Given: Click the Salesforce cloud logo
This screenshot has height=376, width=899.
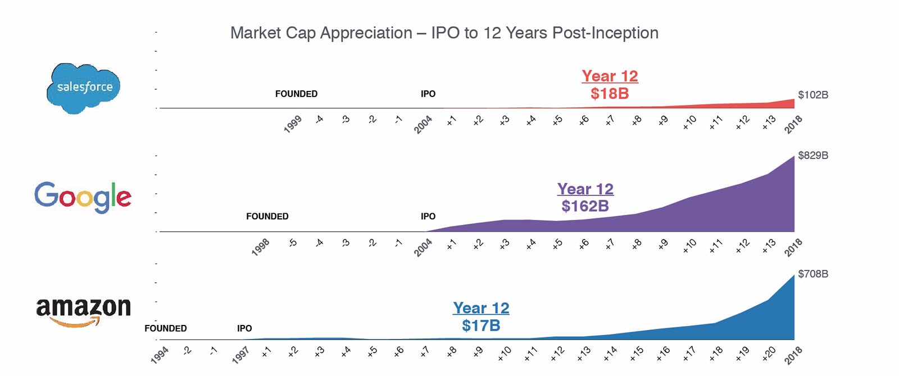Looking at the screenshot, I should pyautogui.click(x=84, y=88).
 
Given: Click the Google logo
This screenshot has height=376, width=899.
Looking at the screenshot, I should pyautogui.click(x=83, y=197).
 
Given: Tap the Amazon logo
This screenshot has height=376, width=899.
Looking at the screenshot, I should pyautogui.click(x=83, y=310).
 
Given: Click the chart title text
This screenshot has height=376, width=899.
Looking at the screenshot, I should pyautogui.click(x=444, y=33).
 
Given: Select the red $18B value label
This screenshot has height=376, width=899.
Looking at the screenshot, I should pyautogui.click(x=610, y=94).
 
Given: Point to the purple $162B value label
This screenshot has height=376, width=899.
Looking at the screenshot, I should pyautogui.click(x=585, y=207).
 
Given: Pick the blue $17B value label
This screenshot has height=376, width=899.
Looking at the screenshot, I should pyautogui.click(x=481, y=325).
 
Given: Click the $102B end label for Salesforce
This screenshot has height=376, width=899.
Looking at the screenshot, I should pyautogui.click(x=813, y=95).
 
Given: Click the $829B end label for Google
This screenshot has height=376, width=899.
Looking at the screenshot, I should pyautogui.click(x=813, y=155).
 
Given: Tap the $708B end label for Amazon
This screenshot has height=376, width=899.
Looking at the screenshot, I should pyautogui.click(x=813, y=274).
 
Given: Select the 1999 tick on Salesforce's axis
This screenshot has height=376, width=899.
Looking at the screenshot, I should pyautogui.click(x=293, y=124).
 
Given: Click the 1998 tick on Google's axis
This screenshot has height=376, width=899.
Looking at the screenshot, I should pyautogui.click(x=261, y=247).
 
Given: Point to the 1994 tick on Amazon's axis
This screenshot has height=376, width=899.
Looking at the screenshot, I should pyautogui.click(x=160, y=355).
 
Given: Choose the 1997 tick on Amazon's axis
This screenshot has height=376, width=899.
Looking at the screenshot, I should pyautogui.click(x=240, y=355).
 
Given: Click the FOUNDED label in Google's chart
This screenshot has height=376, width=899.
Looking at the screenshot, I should pyautogui.click(x=267, y=217).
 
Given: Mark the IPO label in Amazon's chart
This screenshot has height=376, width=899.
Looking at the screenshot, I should pyautogui.click(x=244, y=328).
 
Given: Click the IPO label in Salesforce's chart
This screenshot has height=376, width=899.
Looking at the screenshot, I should pyautogui.click(x=428, y=94).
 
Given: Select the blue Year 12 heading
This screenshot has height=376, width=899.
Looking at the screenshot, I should pyautogui.click(x=481, y=308).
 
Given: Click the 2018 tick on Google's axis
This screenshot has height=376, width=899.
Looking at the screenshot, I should pyautogui.click(x=793, y=247).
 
